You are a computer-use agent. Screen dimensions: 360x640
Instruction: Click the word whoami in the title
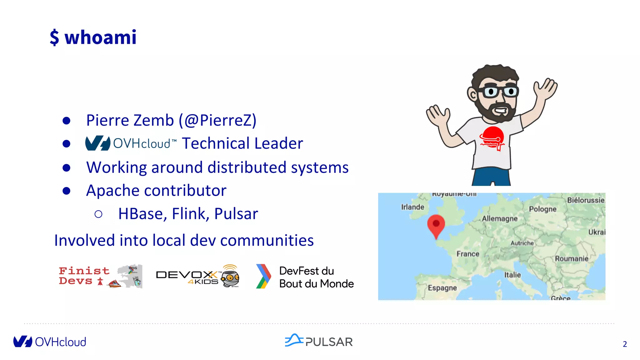tap(100, 37)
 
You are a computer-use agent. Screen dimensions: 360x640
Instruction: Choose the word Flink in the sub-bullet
tap(190, 214)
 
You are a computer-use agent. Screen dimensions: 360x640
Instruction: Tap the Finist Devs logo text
tap(84, 276)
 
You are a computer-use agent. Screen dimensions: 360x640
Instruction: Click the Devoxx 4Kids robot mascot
tap(230, 276)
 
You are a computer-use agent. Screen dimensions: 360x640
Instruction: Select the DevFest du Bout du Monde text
tap(316, 277)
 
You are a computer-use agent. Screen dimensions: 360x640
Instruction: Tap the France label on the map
tap(468, 254)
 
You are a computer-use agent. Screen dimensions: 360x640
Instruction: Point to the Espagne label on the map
tap(442, 287)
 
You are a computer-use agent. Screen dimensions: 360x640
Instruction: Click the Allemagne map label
tap(499, 218)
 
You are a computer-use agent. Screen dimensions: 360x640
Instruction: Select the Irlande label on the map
tap(412, 207)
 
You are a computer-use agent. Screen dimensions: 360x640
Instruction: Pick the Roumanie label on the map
tap(572, 258)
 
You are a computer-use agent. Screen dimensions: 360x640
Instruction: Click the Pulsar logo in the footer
tap(318, 341)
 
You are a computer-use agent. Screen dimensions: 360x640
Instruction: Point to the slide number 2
tap(625, 344)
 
